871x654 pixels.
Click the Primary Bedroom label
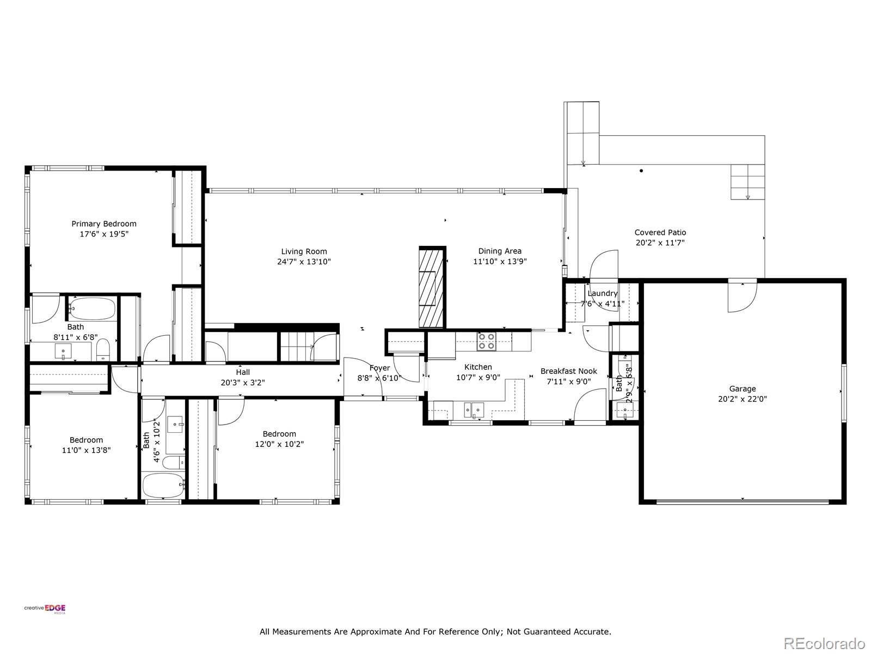pos(104,224)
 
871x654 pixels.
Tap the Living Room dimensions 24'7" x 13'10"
pos(304,262)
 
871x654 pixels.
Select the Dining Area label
pos(500,251)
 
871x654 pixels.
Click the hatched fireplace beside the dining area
pos(432,287)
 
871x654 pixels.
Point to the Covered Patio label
pos(660,232)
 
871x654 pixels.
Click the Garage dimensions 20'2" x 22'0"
pos(743,399)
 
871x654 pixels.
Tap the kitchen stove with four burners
pos(487,342)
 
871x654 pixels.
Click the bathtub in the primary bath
pos(93,308)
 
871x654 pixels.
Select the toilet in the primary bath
pos(103,349)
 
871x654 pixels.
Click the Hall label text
pos(243,372)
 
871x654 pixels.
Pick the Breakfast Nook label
pos(569,371)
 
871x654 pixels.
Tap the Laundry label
pos(603,293)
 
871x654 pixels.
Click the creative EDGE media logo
pos(45,609)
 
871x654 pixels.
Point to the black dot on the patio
pos(641,171)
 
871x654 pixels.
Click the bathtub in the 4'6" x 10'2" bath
pos(163,485)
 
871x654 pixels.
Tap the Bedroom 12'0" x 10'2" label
pos(279,434)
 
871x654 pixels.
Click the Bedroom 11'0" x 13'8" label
pos(86,440)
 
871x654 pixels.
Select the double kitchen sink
pos(474,410)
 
